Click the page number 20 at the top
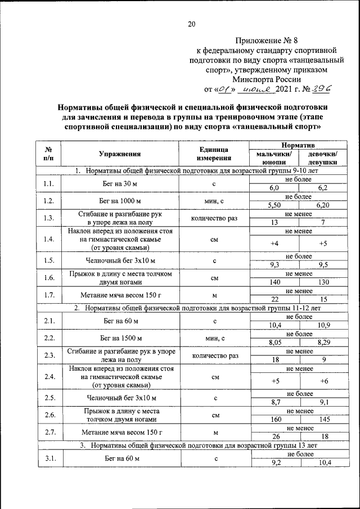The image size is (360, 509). point(191,24)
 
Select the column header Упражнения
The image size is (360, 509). point(119,153)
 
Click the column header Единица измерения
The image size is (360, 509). point(214,153)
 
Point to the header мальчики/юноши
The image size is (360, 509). point(274,157)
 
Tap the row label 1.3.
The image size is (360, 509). point(48,218)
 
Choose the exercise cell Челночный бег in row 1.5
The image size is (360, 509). point(119,260)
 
